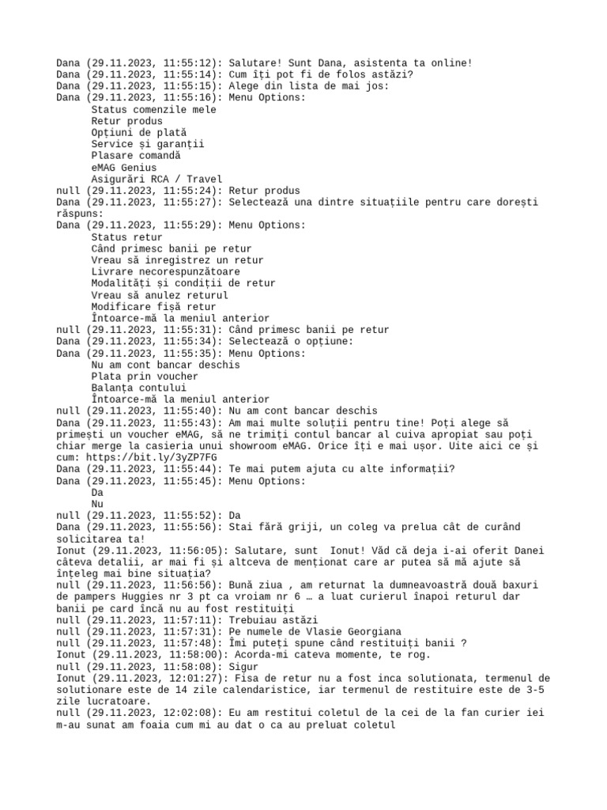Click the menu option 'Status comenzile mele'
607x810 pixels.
tap(153, 109)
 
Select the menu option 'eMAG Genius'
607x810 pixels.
tap(124, 168)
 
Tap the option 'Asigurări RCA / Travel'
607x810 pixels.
tap(156, 179)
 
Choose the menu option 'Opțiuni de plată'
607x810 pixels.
tap(139, 133)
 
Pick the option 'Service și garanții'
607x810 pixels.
tap(148, 144)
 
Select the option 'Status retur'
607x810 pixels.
tap(127, 237)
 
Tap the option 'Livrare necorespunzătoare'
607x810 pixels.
tap(165, 271)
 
